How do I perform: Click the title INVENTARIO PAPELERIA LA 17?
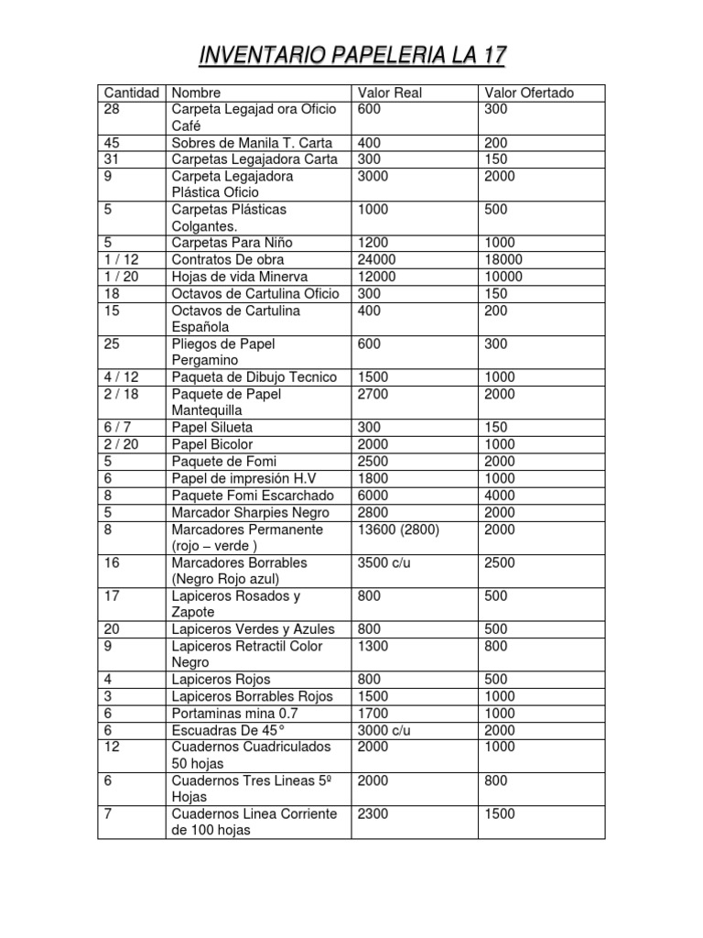[x=352, y=58]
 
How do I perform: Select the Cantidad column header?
[x=132, y=93]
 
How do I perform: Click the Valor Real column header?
[x=390, y=93]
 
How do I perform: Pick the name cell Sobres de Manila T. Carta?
[x=252, y=143]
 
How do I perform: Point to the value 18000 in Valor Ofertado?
[x=503, y=260]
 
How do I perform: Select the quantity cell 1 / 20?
[x=122, y=277]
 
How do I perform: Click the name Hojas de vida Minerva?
[x=240, y=277]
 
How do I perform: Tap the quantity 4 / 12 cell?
[x=122, y=377]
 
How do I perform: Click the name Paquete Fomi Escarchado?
[x=250, y=496]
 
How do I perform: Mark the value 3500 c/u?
[x=384, y=562]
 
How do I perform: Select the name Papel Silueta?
[x=212, y=428]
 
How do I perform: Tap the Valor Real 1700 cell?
[x=373, y=714]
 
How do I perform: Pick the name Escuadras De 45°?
[x=229, y=730]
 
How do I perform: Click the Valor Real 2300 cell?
[x=373, y=814]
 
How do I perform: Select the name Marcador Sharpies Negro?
[x=250, y=512]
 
